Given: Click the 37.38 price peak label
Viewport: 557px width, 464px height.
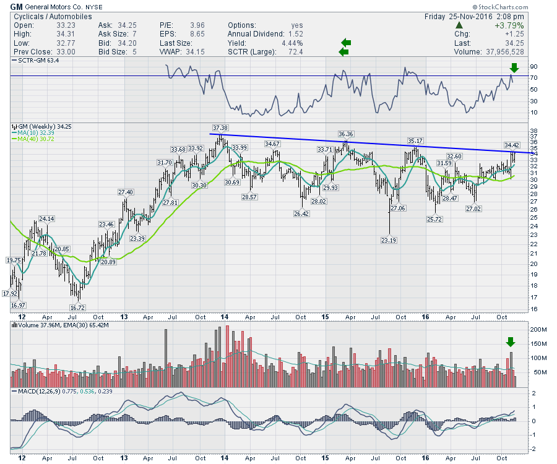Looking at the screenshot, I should tap(220, 128).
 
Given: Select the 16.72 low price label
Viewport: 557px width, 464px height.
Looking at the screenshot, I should tap(77, 307).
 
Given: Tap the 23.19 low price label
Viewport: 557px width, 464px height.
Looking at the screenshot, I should tap(389, 240).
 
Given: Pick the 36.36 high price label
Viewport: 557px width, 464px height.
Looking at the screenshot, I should tap(346, 134).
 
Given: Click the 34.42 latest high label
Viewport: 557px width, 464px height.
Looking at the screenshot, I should tap(511, 145).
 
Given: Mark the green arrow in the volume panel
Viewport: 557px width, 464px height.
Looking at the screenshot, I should tap(511, 342).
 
